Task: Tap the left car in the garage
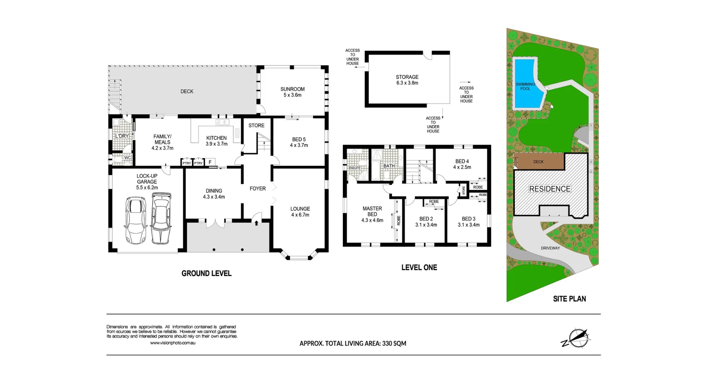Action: tap(136, 220)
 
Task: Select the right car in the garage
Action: tap(161, 219)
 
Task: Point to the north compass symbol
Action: tap(577, 338)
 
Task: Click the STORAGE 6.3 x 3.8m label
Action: tap(407, 80)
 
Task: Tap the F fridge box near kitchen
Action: tap(210, 162)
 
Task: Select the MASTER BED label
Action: tap(372, 211)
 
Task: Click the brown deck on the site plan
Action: tap(539, 162)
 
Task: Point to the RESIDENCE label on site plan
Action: tap(550, 189)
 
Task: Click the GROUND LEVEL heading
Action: tap(207, 273)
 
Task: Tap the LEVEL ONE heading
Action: tap(419, 268)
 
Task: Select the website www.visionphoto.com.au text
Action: tap(173, 343)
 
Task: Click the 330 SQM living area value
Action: tap(394, 344)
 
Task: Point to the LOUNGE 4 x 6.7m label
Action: tap(300, 212)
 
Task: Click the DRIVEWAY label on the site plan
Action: tap(550, 248)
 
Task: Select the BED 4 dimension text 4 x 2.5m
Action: tap(462, 167)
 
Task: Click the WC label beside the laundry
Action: tap(127, 158)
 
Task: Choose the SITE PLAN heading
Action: tap(569, 299)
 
